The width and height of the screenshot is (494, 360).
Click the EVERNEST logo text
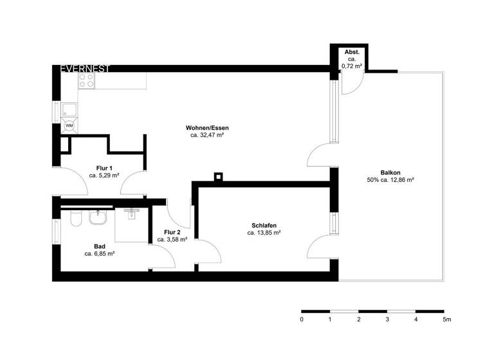coord(85,67)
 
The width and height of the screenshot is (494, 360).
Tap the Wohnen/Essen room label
coord(207,128)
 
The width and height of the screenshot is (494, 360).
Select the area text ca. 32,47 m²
coord(207,136)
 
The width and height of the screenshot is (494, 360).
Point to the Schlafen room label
coord(264,225)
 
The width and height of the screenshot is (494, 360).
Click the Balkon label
coord(390,172)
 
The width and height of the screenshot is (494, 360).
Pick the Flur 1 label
coord(104,168)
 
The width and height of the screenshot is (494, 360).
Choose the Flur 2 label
coord(172,231)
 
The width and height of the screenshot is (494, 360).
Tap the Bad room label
coord(100,246)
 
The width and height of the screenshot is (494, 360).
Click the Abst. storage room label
coord(351,51)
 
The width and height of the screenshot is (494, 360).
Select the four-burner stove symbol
coord(87,80)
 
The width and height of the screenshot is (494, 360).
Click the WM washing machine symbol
coord(69,125)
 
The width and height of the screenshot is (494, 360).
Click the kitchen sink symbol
coord(69,109)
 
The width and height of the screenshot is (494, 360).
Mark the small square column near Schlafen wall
coord(219,177)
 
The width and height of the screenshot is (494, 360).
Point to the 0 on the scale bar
coord(302,319)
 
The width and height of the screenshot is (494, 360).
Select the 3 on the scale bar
coord(387,319)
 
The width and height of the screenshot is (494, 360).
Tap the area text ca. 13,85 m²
coord(264,233)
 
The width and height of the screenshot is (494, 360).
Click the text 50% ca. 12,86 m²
coord(390,180)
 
